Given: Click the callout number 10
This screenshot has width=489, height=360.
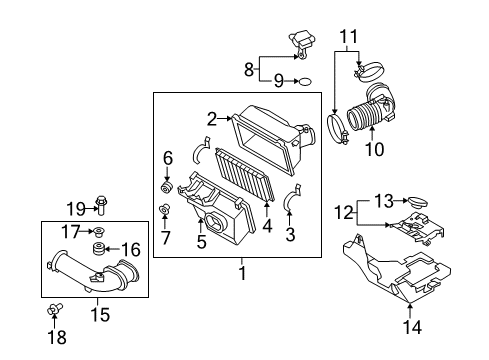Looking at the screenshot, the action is [x=375, y=149].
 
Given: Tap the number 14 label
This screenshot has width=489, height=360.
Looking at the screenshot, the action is [x=412, y=327].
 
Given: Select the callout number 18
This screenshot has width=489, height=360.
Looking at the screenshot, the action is [x=57, y=337].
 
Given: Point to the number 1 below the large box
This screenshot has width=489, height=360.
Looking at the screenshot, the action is [x=243, y=273].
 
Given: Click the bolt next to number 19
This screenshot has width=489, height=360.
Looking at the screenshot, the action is [x=101, y=204].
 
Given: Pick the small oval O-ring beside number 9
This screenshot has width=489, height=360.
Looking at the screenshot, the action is [x=306, y=81].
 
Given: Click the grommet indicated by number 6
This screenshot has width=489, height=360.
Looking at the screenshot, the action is [x=166, y=187].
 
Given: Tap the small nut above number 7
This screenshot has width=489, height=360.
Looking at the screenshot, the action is [x=164, y=209].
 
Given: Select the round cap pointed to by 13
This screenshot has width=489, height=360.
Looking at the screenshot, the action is [x=417, y=202].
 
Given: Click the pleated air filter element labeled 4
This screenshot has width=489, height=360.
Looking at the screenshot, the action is [x=246, y=174].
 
